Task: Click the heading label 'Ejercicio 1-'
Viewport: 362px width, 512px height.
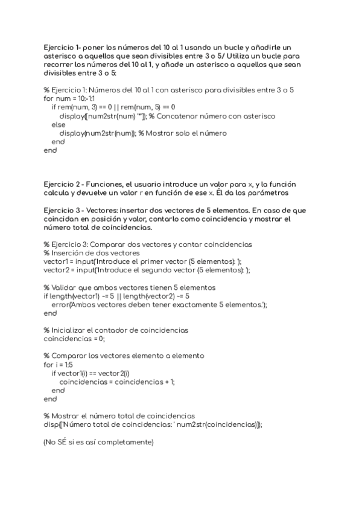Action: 63,47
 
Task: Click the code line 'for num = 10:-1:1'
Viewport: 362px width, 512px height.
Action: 69,98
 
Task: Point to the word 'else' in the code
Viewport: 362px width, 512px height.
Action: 59,124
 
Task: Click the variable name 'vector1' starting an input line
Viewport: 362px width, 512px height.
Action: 57,261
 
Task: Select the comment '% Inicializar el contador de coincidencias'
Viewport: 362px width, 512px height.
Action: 116,330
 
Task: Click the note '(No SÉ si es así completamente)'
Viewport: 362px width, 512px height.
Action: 98,443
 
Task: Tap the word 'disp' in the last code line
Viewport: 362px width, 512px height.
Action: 49,425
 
